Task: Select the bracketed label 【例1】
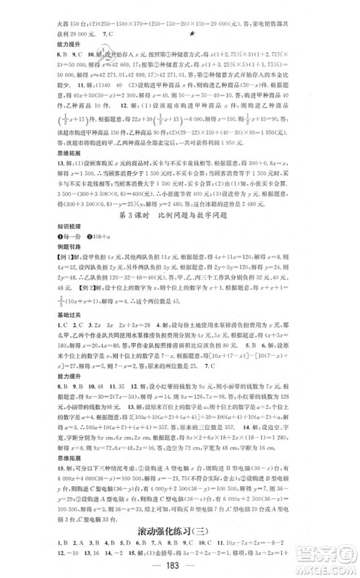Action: click(53, 267)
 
